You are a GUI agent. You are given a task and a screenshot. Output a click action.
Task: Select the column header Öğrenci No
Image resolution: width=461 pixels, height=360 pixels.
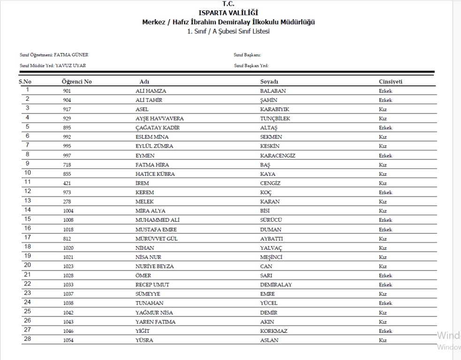77,82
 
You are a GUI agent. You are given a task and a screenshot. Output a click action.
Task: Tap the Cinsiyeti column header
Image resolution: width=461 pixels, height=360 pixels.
390,82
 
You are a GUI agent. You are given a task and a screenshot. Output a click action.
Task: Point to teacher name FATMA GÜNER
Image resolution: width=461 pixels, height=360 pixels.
71,55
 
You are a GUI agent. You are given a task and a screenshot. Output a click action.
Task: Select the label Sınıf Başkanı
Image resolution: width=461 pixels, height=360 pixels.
247,55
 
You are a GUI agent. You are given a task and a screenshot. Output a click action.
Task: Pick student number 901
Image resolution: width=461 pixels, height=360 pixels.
67,91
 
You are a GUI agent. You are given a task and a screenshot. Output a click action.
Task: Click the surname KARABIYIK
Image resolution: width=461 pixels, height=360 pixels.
274,109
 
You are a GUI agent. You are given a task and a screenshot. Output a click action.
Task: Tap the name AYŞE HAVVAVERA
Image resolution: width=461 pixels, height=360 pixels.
159,119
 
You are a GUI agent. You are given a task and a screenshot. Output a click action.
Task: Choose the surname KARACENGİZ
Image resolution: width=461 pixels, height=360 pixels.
278,155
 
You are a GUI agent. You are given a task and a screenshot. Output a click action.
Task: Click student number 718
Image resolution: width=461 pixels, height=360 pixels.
67,165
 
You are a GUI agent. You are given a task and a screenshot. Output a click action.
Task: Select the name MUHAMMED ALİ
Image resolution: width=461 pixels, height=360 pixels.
158,220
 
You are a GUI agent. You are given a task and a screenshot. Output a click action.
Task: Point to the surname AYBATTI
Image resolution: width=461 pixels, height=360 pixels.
272,239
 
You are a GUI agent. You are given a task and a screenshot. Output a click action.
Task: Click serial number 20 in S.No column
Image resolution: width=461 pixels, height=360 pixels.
28,266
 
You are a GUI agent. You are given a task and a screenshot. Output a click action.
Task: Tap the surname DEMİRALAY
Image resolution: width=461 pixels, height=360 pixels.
276,285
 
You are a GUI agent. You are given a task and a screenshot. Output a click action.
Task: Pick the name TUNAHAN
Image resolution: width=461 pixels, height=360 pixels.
150,303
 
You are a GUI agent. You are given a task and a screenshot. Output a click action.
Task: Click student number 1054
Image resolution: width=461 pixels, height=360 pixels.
68,340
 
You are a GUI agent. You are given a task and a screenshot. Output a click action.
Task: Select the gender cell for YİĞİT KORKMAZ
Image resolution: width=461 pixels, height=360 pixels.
385,331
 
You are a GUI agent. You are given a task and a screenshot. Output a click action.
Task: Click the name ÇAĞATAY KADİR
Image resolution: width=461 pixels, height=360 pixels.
158,127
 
